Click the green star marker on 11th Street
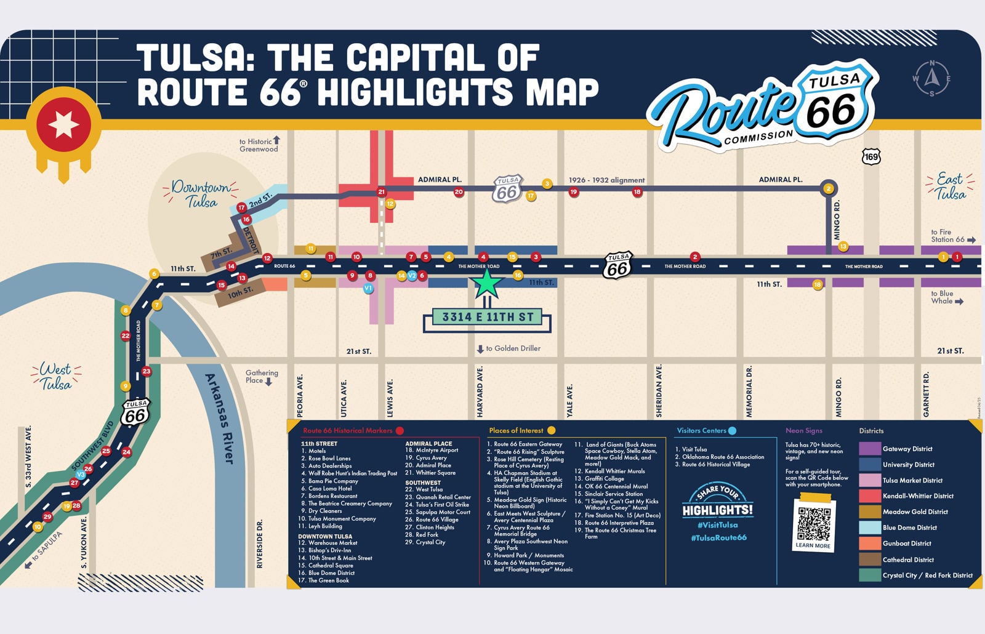pyautogui.click(x=488, y=283)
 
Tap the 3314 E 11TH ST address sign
pyautogui.click(x=487, y=318)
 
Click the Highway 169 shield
pyautogui.click(x=871, y=157)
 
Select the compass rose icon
pyautogui.click(x=931, y=78)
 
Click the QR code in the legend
pyautogui.click(x=813, y=524)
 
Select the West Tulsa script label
pyautogui.click(x=55, y=376)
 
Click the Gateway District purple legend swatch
pyautogui.click(x=869, y=449)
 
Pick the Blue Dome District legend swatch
pyautogui.click(x=869, y=528)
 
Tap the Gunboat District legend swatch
pyautogui.click(x=869, y=544)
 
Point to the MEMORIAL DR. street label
pyautogui.click(x=749, y=391)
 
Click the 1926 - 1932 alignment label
pyautogui.click(x=606, y=180)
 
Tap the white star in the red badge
pyautogui.click(x=63, y=125)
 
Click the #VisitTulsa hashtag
pyautogui.click(x=718, y=525)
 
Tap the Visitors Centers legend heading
pyautogui.click(x=701, y=431)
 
